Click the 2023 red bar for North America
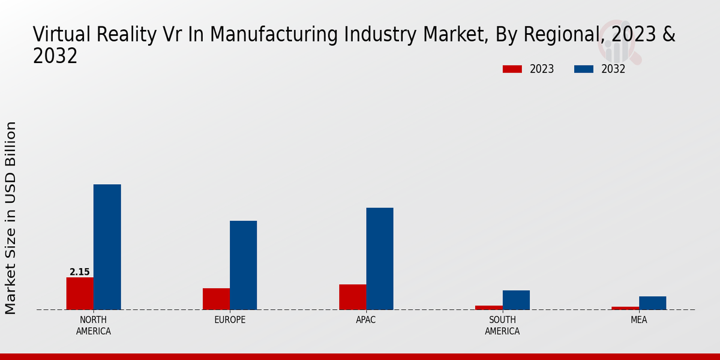click(80, 293)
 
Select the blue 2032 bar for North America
click(107, 247)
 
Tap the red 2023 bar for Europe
click(216, 299)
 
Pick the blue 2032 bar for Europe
click(244, 265)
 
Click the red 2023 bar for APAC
click(353, 297)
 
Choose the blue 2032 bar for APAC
click(380, 259)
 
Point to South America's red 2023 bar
click(489, 307)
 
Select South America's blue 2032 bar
click(516, 300)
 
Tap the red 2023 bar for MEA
click(625, 308)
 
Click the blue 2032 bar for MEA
click(653, 303)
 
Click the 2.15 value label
click(80, 272)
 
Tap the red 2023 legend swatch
click(512, 69)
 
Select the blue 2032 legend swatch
click(584, 69)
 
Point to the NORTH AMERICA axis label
click(94, 325)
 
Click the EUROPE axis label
click(230, 320)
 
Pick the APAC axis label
click(366, 320)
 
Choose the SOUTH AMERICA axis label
click(502, 325)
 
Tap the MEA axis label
click(638, 320)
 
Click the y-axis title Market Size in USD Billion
click(11, 217)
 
